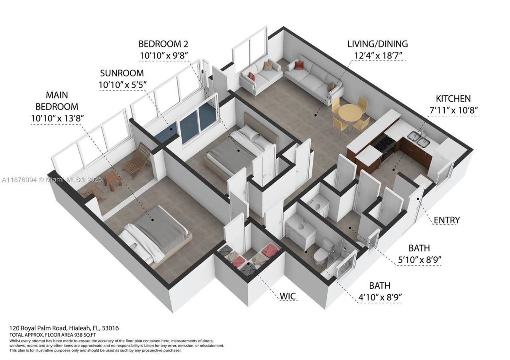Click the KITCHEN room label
coord(453,98)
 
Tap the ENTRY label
coord(447,220)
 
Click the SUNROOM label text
coord(122,74)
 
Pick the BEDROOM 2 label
coord(163,44)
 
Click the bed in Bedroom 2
coord(239,149)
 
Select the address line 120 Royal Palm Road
coord(64,328)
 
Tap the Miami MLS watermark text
coord(52,180)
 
